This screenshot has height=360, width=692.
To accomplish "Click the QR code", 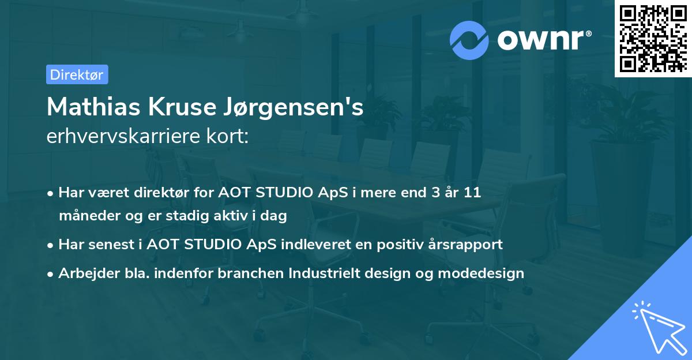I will pyautogui.click(x=653, y=38).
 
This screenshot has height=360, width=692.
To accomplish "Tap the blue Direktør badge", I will pyautogui.click(x=77, y=74).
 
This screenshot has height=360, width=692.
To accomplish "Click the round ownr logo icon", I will pyautogui.click(x=469, y=40).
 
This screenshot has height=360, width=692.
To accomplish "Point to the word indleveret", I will pyautogui.click(x=313, y=244).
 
